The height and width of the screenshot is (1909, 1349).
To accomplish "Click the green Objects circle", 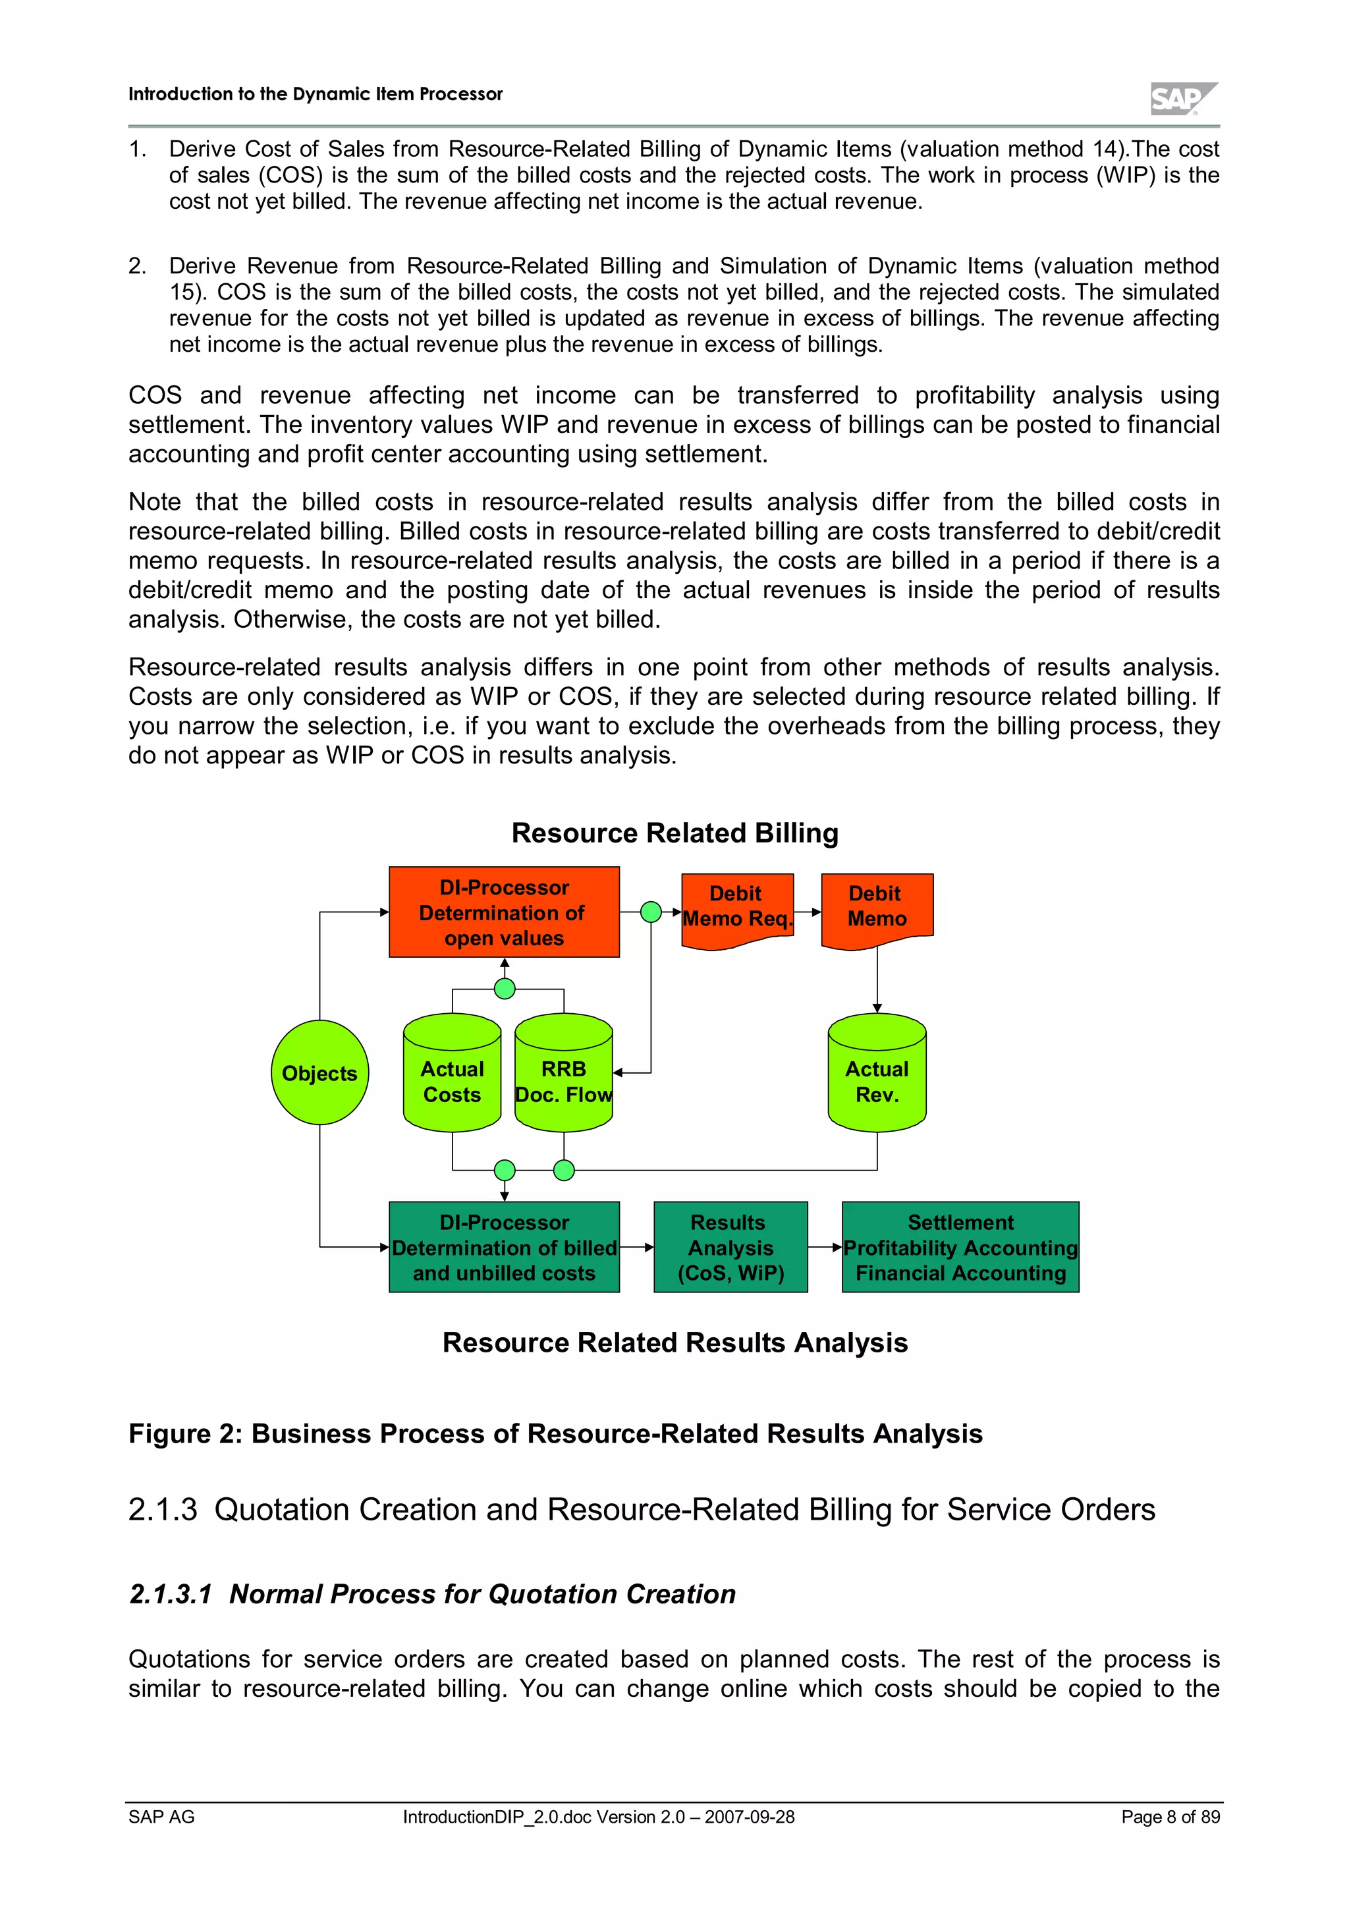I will tap(320, 1072).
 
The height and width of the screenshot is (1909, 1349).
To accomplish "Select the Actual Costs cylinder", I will tap(452, 1074).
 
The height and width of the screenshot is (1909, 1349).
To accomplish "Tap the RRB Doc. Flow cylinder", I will tap(564, 1074).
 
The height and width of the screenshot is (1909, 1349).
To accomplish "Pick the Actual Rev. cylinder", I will tap(877, 1074).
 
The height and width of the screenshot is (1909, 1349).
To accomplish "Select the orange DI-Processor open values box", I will tap(504, 912).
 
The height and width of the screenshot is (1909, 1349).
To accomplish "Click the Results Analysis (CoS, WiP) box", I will tap(730, 1247).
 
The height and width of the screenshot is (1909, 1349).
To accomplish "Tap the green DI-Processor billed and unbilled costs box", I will tap(504, 1247).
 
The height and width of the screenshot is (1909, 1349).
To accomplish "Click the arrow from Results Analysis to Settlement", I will tap(825, 1247).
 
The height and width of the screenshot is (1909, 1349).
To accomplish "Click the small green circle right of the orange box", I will tap(651, 912).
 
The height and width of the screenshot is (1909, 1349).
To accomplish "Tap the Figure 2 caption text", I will tap(555, 1434).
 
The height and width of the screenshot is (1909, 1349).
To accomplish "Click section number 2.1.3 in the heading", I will tap(163, 1510).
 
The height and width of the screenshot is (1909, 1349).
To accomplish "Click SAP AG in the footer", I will tap(161, 1817).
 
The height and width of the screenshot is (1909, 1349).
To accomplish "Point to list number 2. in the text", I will tap(137, 266).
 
